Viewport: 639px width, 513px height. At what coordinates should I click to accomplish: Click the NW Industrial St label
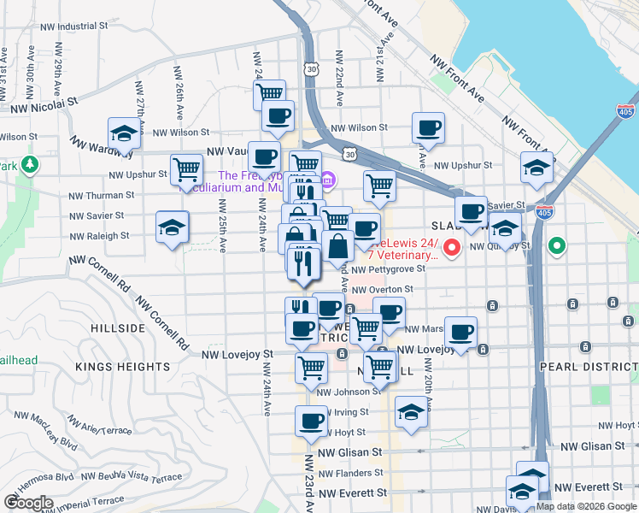coord(74,27)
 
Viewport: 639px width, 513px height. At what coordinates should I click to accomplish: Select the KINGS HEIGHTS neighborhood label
coord(123,367)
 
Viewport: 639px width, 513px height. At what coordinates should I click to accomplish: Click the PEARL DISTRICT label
coord(588,367)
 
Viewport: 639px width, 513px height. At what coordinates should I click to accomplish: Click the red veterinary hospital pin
coord(453,248)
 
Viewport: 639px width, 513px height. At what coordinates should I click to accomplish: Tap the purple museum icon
coord(329,181)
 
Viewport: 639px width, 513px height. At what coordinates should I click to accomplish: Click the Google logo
coord(28,503)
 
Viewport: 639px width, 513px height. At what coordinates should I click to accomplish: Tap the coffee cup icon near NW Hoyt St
coord(311,420)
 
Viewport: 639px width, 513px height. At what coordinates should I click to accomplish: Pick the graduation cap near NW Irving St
coord(411,412)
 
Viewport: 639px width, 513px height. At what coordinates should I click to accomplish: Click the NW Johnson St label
coord(348,392)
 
